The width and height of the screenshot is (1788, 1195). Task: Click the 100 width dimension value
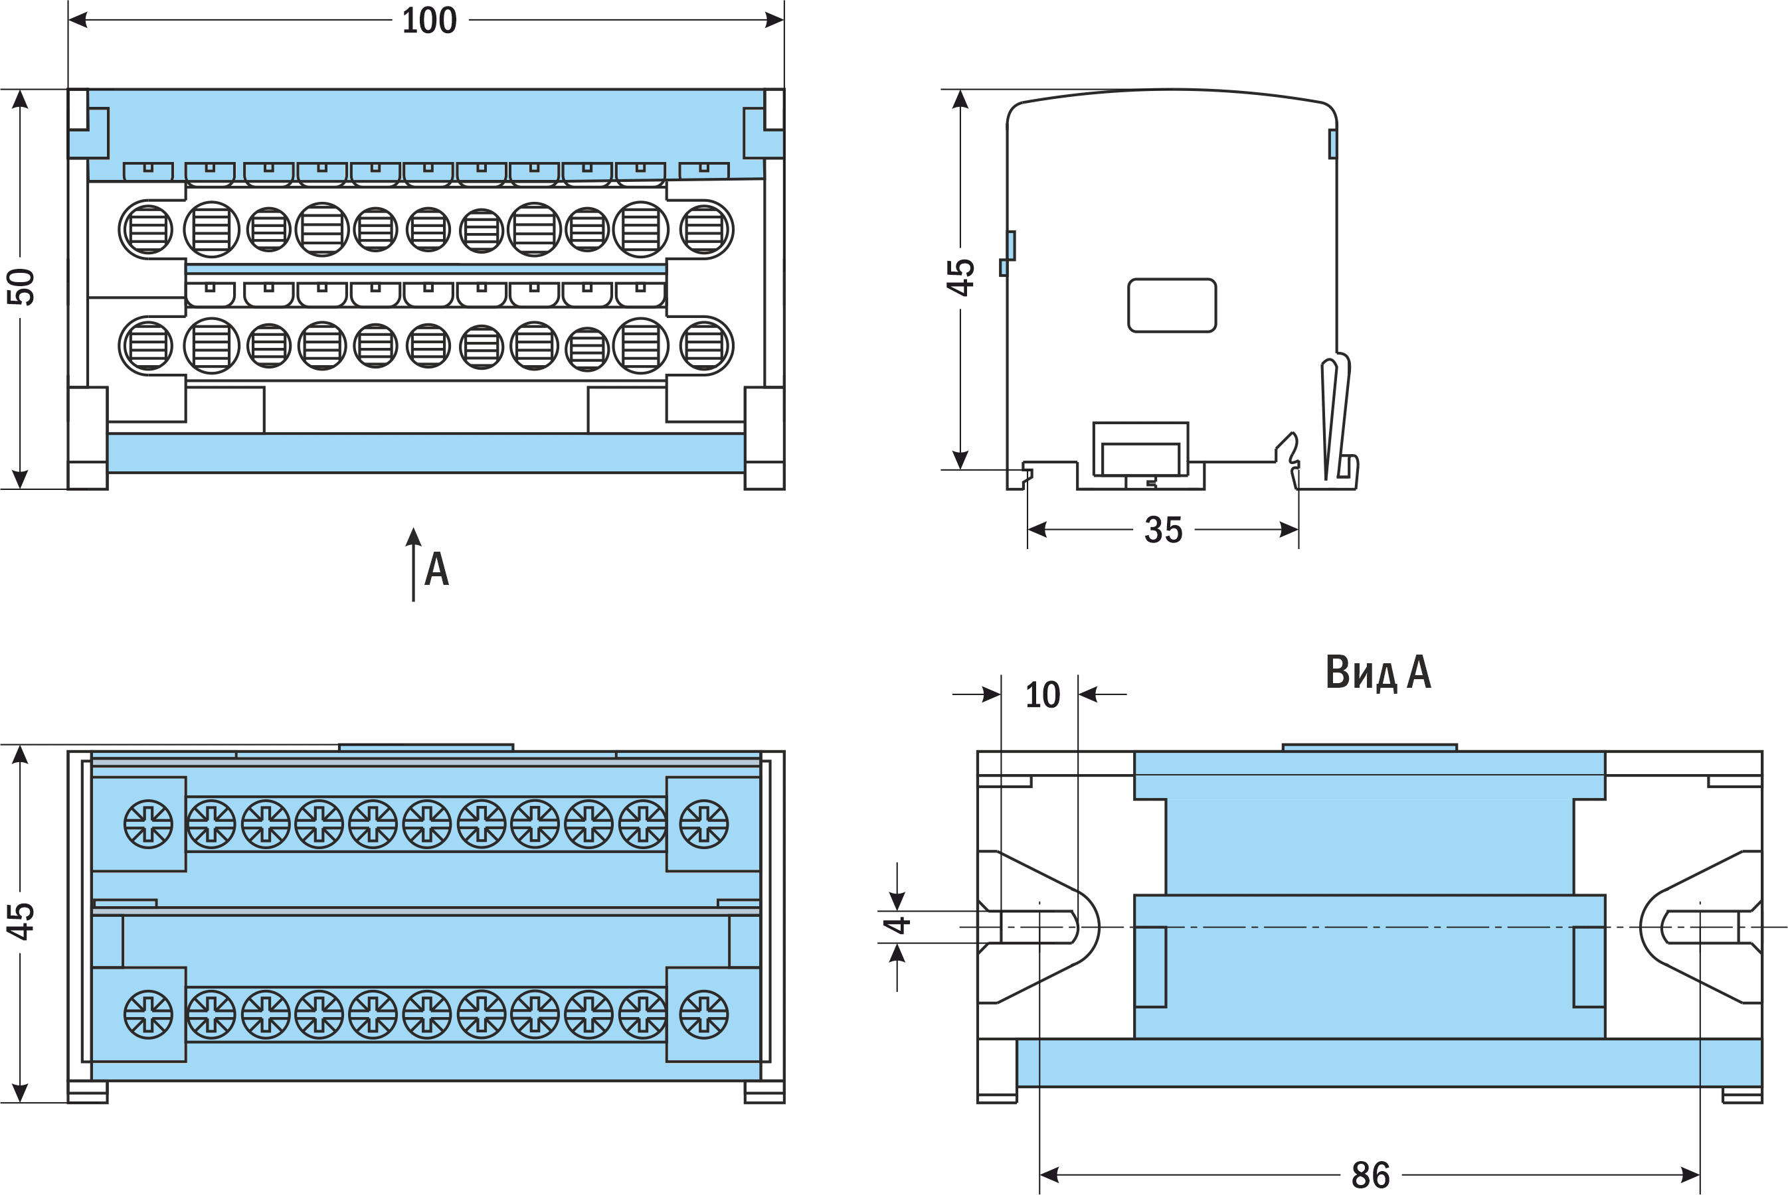point(429,21)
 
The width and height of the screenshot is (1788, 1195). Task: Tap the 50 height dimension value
point(21,287)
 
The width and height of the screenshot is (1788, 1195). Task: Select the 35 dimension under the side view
point(1163,530)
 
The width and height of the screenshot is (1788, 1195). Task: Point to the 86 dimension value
point(1370,1175)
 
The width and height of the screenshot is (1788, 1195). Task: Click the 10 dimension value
point(1042,695)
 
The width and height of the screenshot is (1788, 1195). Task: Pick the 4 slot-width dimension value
point(897,926)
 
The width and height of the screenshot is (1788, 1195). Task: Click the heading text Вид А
point(1378,672)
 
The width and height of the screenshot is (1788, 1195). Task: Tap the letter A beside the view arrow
point(437,570)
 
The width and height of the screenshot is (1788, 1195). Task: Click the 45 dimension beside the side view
point(960,278)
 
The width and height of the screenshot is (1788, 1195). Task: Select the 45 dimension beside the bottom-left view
point(21,921)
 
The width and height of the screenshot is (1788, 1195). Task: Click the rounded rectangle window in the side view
point(1172,305)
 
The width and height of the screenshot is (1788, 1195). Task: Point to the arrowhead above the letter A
point(413,536)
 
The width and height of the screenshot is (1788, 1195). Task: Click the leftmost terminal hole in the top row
point(147,230)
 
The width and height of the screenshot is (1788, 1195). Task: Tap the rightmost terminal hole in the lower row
point(705,345)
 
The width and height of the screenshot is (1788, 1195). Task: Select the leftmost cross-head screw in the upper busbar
point(148,824)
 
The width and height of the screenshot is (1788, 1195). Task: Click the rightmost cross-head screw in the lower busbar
point(704,1014)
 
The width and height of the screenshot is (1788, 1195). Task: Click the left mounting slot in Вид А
point(1037,927)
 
